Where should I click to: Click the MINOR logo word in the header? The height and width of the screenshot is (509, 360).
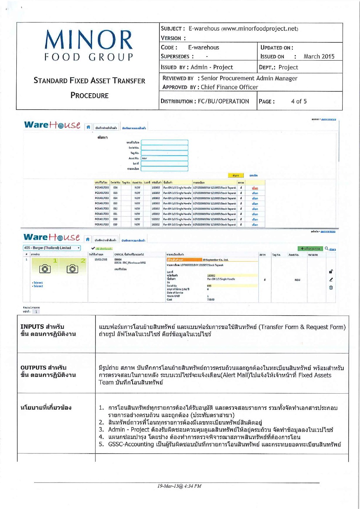[89, 40]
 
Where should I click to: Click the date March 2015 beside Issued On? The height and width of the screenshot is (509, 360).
[319, 57]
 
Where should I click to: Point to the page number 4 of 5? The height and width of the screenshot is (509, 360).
[299, 102]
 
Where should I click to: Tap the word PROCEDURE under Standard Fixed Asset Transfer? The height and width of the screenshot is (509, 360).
[90, 95]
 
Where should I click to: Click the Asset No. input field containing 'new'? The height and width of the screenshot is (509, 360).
[164, 158]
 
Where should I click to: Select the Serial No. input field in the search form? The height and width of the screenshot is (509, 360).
[164, 148]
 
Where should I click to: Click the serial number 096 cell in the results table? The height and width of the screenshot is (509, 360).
[115, 188]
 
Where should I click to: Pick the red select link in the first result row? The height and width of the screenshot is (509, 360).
[255, 188]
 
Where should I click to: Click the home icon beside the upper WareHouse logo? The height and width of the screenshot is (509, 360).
[88, 127]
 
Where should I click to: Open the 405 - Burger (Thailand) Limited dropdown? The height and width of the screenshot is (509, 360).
[52, 248]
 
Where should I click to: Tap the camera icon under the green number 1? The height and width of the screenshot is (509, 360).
[45, 269]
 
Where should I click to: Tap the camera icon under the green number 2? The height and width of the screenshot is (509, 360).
[72, 269]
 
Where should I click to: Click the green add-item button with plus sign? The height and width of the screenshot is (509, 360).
[310, 249]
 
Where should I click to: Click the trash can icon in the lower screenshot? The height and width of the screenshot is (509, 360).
[331, 288]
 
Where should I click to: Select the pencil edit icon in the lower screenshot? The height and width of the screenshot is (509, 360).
[331, 280]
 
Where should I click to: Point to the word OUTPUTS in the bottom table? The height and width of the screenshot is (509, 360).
[33, 368]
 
